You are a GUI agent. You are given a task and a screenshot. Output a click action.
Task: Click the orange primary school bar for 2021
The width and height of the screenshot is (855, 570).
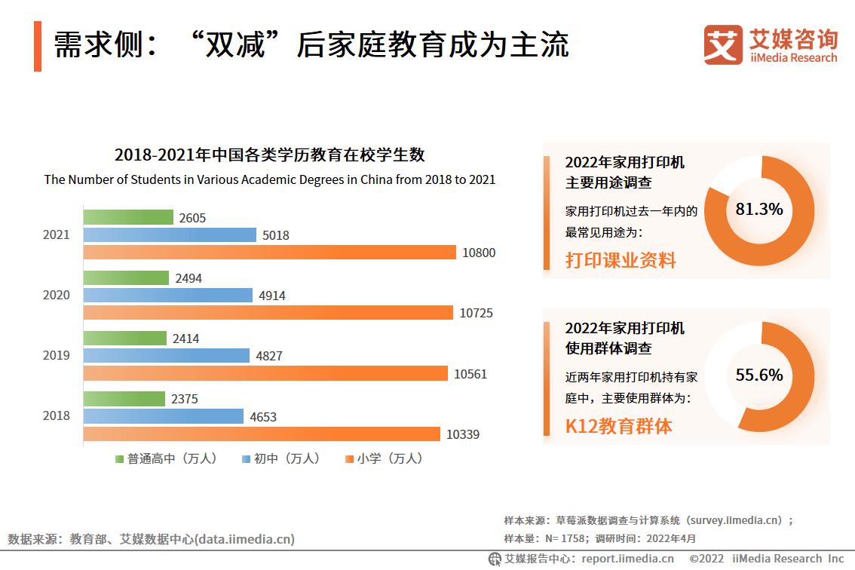pos(269,253)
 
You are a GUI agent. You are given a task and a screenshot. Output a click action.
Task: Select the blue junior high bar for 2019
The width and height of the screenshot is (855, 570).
pos(166,355)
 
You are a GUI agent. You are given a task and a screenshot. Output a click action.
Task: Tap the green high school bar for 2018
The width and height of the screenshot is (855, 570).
pos(124,399)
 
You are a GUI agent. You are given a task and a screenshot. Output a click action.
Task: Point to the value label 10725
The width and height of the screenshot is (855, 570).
pos(476,313)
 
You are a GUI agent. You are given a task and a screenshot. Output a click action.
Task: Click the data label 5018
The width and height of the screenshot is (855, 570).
pos(275,235)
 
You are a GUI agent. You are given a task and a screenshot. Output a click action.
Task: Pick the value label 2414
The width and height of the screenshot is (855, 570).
pos(185,339)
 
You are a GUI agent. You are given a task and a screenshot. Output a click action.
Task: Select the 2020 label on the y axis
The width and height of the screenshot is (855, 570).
pos(56,295)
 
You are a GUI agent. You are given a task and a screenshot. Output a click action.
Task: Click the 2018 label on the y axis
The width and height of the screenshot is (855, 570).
pos(56,415)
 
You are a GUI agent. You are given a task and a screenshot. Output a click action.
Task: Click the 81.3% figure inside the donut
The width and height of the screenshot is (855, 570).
pos(758,210)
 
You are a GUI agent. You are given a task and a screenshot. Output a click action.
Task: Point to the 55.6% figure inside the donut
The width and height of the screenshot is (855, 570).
pos(758,375)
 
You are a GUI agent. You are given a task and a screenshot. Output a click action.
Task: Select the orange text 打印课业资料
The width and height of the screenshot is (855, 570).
pos(621,261)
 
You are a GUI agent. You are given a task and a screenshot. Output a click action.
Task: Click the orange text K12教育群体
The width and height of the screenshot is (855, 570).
pos(618,426)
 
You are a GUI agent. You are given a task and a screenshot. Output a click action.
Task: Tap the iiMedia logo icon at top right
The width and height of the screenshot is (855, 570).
pos(722,44)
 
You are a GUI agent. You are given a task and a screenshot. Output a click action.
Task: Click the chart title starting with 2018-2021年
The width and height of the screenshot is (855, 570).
pos(269,155)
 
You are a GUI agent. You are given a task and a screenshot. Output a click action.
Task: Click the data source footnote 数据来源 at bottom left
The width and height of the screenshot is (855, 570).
pos(151,539)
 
